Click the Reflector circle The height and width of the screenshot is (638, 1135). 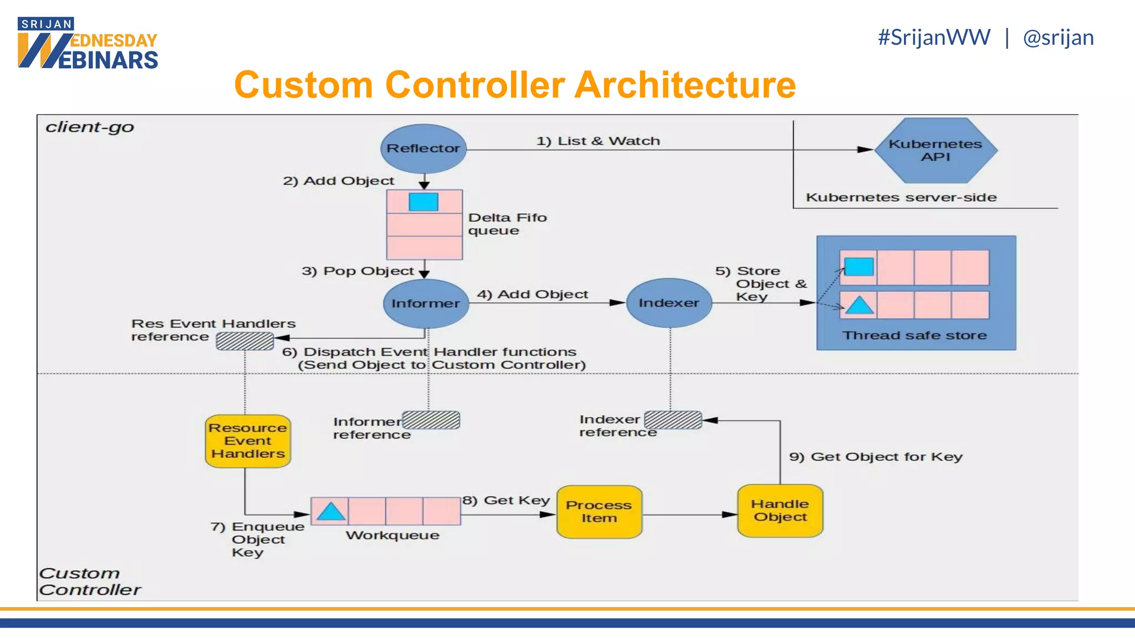[423, 148]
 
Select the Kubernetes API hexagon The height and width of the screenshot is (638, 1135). [935, 150]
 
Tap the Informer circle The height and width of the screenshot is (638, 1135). [426, 303]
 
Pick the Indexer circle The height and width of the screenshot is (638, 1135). [669, 303]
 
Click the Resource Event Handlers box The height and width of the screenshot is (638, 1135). [248, 441]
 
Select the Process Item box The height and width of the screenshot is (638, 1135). [599, 511]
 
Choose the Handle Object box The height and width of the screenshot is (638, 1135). [780, 510]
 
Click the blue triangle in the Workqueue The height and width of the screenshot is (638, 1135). [331, 512]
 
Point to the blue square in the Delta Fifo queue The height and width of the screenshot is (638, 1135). [423, 202]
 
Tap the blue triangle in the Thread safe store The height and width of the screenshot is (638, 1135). [860, 306]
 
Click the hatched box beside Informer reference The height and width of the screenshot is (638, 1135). [431, 420]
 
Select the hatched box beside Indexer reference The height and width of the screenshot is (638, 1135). [673, 420]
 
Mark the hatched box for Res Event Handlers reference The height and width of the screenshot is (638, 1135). [244, 341]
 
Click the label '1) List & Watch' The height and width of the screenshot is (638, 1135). [598, 141]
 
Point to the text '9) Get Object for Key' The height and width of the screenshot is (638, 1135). [876, 456]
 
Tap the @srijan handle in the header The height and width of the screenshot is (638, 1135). [1058, 38]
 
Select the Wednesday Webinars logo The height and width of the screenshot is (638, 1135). [88, 43]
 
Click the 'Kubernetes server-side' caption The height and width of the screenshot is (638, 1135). [901, 197]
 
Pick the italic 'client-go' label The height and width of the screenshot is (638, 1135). [90, 127]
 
